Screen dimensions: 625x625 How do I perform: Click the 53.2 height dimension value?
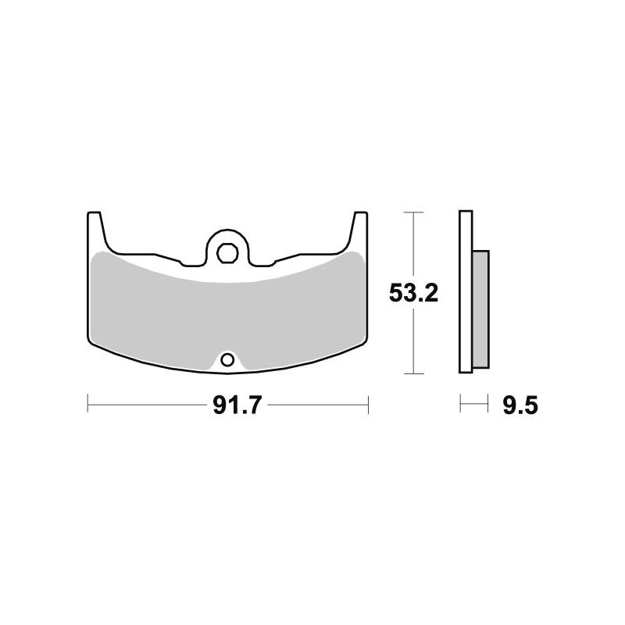pos(413,294)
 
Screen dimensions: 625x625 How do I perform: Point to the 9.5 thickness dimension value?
pos(521,405)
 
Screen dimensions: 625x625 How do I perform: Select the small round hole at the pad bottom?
pos(227,360)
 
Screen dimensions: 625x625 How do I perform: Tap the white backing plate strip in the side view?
pos(466,293)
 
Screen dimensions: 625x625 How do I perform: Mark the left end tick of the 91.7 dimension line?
pos(87,405)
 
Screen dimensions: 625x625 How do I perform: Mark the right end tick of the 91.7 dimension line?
pos(367,405)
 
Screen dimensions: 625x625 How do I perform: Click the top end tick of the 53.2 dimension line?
pos(412,212)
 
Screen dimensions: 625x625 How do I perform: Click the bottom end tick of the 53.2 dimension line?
pos(412,373)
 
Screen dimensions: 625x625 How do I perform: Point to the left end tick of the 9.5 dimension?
pos(461,405)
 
